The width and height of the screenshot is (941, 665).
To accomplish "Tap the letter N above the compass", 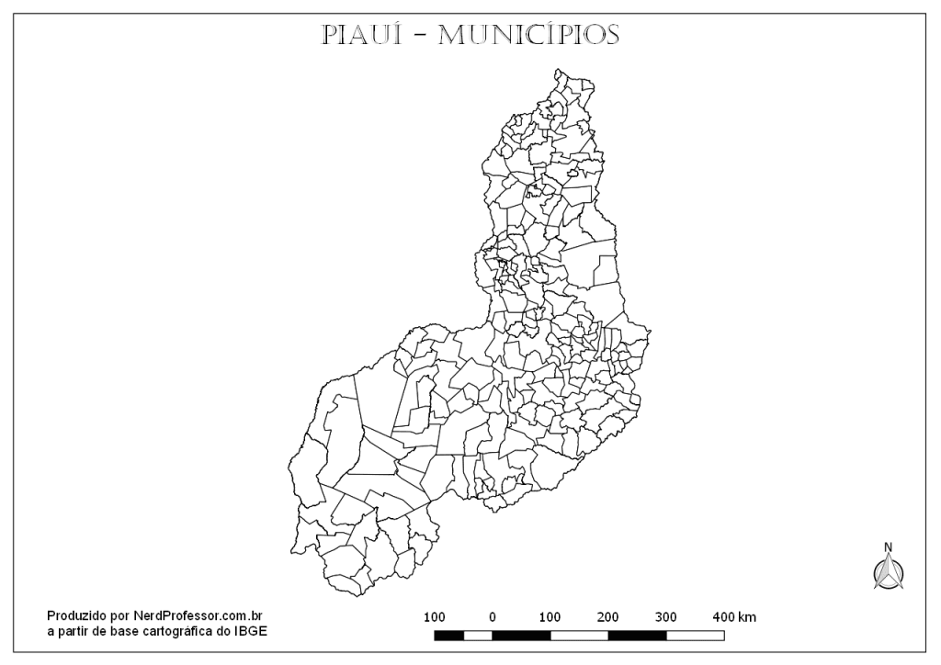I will (888, 547).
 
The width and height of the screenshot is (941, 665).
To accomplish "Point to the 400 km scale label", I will (734, 616).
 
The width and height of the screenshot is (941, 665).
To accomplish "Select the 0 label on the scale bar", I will (493, 616).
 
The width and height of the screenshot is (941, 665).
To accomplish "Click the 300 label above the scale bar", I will (666, 616).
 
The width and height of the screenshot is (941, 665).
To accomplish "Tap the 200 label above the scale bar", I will (608, 616).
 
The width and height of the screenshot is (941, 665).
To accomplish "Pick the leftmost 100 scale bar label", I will (435, 616).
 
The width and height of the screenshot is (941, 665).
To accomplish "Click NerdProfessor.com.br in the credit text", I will (199, 616).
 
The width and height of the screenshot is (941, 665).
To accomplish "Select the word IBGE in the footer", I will (253, 631).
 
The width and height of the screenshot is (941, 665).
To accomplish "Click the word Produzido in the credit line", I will (76, 616).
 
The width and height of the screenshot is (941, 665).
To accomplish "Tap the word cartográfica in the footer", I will (177, 631).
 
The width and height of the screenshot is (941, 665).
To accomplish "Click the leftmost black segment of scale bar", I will (448, 635).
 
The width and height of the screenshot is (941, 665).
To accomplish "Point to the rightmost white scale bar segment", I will (695, 635).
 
